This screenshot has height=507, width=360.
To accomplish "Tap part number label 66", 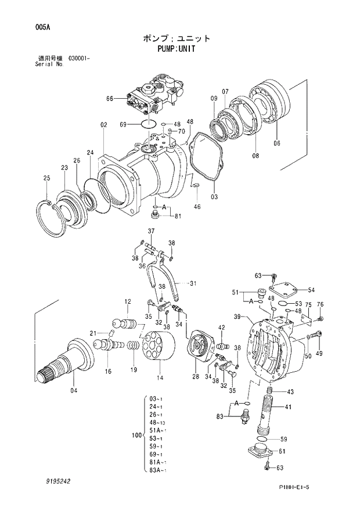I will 109,99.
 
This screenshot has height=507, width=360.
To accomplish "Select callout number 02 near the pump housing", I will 103,125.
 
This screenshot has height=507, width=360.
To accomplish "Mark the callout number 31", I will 193,283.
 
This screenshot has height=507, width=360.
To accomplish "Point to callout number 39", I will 237,317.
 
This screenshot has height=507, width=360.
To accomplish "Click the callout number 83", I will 220,416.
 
